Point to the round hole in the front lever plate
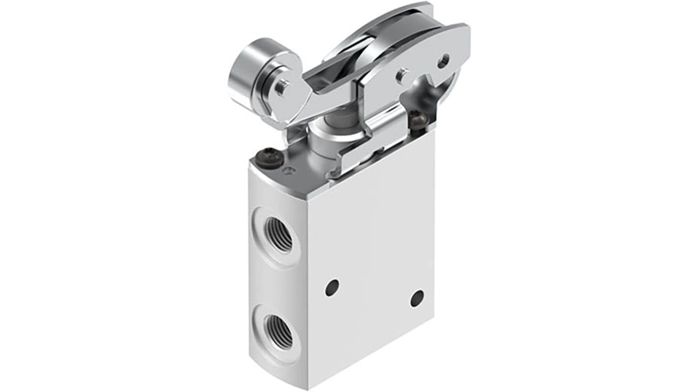click(x=444, y=61)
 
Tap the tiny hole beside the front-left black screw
click(x=290, y=170)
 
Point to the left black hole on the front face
click(x=332, y=287)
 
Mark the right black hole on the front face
click(x=417, y=298)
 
